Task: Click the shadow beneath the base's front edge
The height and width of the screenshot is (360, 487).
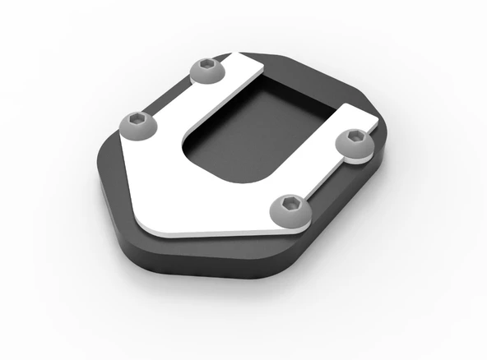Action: coord(214,284)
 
